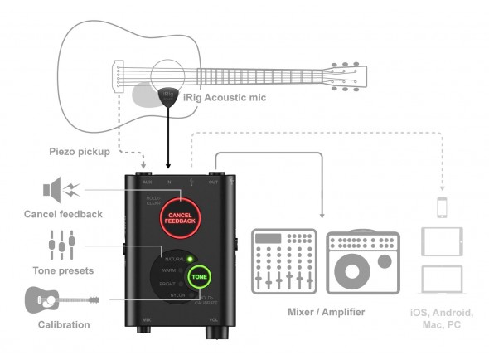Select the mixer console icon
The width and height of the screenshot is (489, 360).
[284, 260]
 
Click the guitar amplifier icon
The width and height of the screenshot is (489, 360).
[363, 260]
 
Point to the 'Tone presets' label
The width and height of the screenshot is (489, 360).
[62, 271]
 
